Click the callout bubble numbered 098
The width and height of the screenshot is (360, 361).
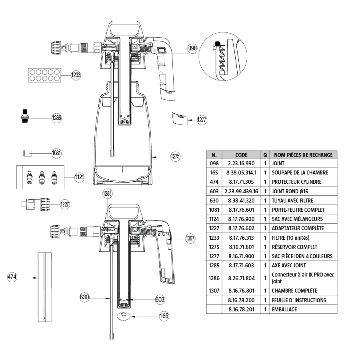click(x=193, y=48)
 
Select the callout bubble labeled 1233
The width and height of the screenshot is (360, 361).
click(x=76, y=75)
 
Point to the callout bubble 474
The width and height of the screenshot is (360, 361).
click(x=13, y=277)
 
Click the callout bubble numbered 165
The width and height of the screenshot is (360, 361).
click(x=164, y=316)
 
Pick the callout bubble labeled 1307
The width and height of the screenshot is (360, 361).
click(x=190, y=239)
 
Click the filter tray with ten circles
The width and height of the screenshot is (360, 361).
click(x=44, y=74)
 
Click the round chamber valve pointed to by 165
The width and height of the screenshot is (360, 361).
click(x=124, y=316)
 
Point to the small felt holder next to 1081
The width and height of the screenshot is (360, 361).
click(x=27, y=152)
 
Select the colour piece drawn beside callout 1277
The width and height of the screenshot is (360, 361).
click(x=180, y=119)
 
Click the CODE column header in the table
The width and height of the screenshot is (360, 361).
click(x=241, y=154)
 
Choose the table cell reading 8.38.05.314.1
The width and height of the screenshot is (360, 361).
click(x=241, y=172)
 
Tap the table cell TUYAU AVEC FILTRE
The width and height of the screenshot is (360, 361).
click(x=292, y=201)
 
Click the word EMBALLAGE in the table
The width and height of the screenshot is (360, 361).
click(x=284, y=309)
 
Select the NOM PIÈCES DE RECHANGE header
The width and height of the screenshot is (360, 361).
click(x=303, y=154)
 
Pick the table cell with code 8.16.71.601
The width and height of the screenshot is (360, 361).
click(x=241, y=247)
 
